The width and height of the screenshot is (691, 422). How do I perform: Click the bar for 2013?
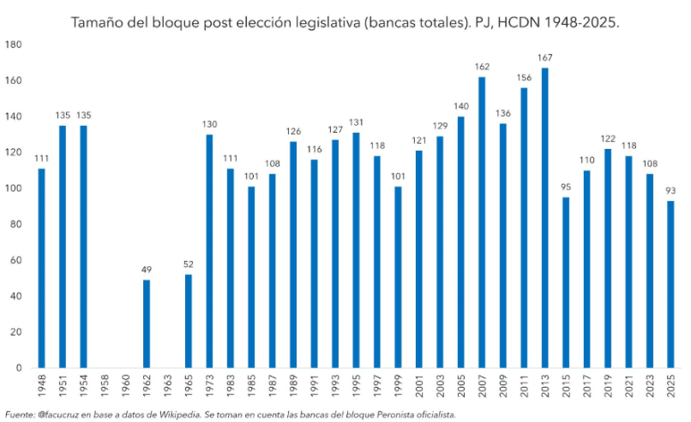[x=544, y=218]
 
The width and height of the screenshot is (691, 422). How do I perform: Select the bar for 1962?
[x=147, y=324]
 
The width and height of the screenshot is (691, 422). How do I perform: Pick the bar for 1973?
[x=209, y=251]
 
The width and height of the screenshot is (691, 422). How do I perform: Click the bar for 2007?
[x=482, y=223]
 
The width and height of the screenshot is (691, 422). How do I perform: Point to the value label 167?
[x=544, y=58]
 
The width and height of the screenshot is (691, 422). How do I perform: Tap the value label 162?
[x=482, y=67]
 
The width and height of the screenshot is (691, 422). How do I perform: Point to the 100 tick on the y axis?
[x=16, y=188]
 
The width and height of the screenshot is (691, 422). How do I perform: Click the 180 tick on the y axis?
[x=16, y=44]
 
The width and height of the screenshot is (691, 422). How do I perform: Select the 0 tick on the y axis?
[x=21, y=369]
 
